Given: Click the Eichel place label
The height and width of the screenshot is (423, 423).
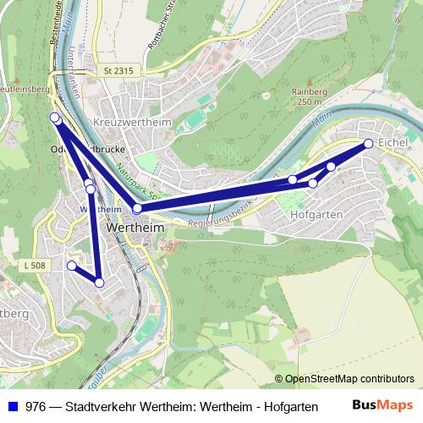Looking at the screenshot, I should click(393, 141).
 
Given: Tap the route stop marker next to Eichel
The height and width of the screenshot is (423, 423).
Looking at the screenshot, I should click(369, 144).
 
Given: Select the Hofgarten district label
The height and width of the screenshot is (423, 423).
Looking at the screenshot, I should click(316, 214).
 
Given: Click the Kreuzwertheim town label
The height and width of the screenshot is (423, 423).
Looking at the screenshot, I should click(134, 123).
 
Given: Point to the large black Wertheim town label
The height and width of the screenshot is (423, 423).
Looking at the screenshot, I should click(136, 228).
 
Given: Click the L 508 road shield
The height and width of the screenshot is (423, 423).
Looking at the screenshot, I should click(36, 266).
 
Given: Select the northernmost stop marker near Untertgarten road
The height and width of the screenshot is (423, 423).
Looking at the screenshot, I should click(55, 118).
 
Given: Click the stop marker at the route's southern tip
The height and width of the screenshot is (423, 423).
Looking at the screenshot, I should click(99, 283).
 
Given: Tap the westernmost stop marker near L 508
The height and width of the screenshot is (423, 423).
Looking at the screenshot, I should click(72, 266).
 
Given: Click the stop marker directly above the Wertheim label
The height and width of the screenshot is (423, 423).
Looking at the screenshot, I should click(137, 208).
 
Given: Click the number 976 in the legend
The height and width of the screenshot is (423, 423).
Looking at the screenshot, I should click(36, 406).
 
